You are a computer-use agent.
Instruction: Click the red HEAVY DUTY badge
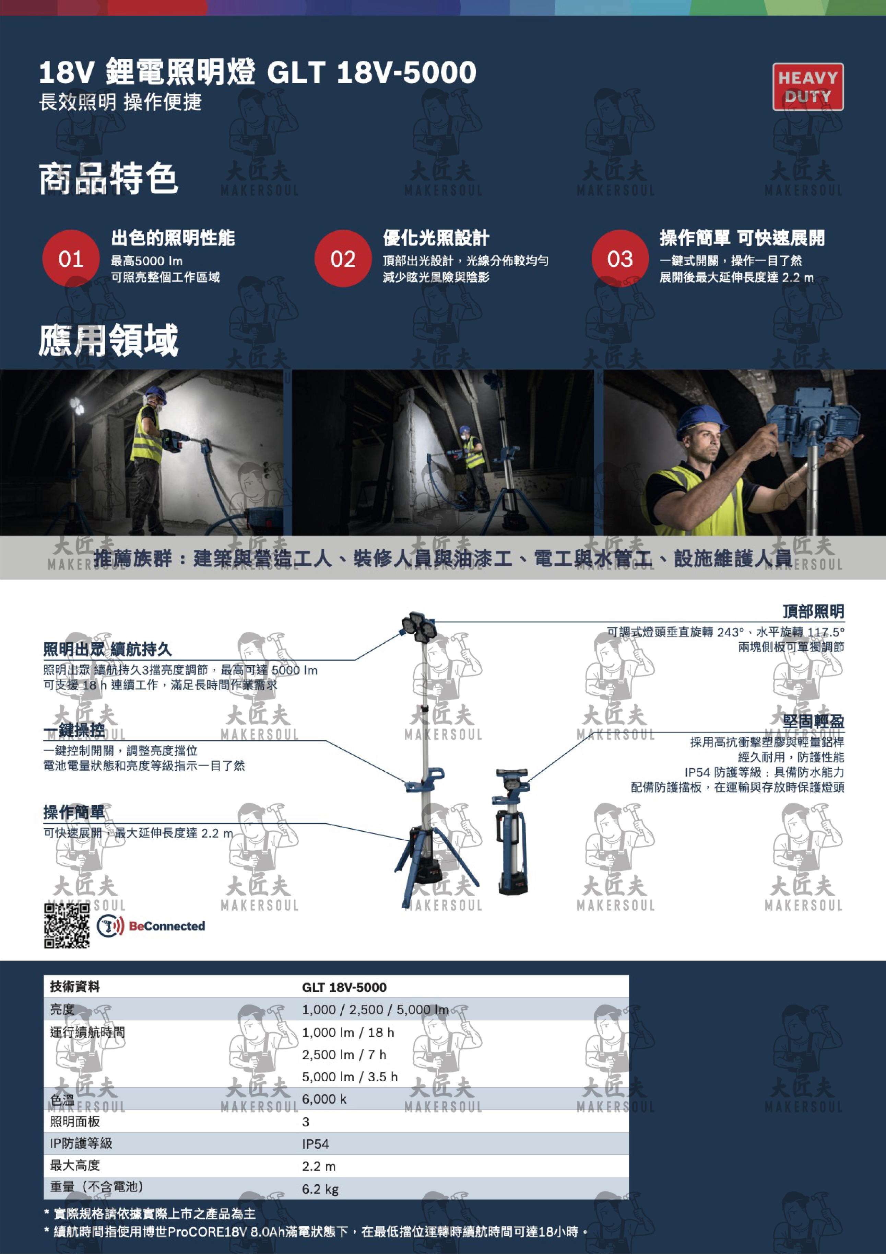pyautogui.click(x=807, y=87)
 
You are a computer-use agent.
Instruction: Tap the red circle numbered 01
pyautogui.click(x=71, y=258)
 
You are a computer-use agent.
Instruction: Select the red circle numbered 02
pyautogui.click(x=343, y=258)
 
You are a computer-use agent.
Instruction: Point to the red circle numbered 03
pyautogui.click(x=620, y=258)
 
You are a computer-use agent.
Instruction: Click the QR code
pyautogui.click(x=67, y=925)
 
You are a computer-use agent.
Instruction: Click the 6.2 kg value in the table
pyautogui.click(x=320, y=1189)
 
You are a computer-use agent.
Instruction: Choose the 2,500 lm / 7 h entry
pyautogui.click(x=344, y=1055)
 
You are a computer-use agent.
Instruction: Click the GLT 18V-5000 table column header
pyautogui.click(x=344, y=988)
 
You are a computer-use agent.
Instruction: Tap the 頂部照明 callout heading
pyautogui.click(x=813, y=611)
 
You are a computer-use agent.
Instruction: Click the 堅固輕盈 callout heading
pyautogui.click(x=813, y=722)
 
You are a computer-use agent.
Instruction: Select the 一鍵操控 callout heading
pyautogui.click(x=74, y=730)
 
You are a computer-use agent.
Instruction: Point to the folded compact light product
pyautogui.click(x=511, y=831)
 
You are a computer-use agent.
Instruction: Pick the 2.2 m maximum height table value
pyautogui.click(x=319, y=1166)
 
